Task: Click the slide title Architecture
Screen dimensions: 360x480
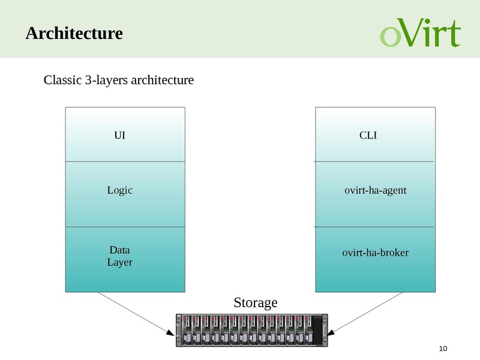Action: pos(74,33)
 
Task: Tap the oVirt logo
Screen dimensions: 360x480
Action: pos(420,33)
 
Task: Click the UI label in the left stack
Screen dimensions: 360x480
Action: pos(120,136)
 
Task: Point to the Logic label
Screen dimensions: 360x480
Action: pos(120,190)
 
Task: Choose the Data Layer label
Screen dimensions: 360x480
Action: pos(120,256)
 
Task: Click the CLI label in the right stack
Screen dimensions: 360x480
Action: pos(368,136)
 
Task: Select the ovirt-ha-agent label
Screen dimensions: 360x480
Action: pos(376,190)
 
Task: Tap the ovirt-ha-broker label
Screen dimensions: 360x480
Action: pos(376,253)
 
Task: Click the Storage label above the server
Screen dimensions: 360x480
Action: pos(256,302)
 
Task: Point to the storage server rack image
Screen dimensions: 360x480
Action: pos(252,331)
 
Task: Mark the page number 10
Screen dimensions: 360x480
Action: pos(444,349)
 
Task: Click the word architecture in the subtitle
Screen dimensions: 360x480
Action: pos(162,80)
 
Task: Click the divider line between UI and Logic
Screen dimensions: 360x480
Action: pos(125,161)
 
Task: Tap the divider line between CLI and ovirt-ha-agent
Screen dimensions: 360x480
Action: pos(375,161)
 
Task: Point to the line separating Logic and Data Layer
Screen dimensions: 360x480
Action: pos(125,227)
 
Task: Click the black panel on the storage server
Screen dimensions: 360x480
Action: pos(317,331)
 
